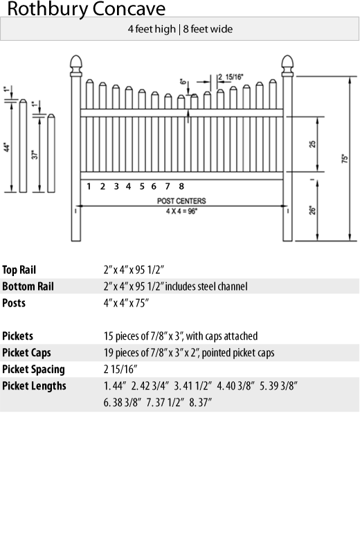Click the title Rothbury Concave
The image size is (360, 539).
pos(87,9)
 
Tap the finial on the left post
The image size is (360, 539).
pos(76,66)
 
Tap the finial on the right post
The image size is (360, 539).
pos(287,66)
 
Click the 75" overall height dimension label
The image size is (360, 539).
pos(345,158)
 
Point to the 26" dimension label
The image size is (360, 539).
pos(312,210)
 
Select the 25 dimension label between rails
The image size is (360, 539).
pos(312,144)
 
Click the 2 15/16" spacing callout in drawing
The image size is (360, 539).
pos(231,77)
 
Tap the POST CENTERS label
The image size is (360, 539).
pos(181,201)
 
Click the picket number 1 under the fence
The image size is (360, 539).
pos(89,186)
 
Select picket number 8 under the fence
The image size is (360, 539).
pos(181,186)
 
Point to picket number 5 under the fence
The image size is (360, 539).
pos(142,186)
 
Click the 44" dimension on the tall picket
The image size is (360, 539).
pos(7,147)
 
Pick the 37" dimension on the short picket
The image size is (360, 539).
pos(35,155)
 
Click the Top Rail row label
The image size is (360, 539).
pos(19,270)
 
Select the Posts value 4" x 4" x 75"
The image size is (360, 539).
pos(126,303)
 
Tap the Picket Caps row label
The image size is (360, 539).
pos(26,353)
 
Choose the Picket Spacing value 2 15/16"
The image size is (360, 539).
pos(120,369)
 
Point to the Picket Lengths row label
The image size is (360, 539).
pos(34,385)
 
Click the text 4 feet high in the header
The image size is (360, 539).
pos(152,29)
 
